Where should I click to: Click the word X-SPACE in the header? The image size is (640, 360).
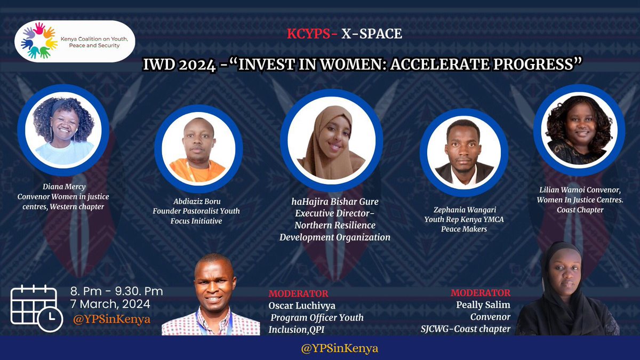(x=372, y=34)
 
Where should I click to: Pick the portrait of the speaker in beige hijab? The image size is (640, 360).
(x=331, y=142)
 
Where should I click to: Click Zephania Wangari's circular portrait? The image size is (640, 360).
(x=464, y=151)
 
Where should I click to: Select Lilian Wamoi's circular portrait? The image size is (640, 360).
(x=579, y=130)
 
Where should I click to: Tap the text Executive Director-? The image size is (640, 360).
(x=335, y=214)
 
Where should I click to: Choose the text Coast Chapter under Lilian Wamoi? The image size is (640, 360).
(x=579, y=210)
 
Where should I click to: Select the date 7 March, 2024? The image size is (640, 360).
(x=110, y=305)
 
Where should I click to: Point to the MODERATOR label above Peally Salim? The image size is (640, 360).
(x=480, y=293)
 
